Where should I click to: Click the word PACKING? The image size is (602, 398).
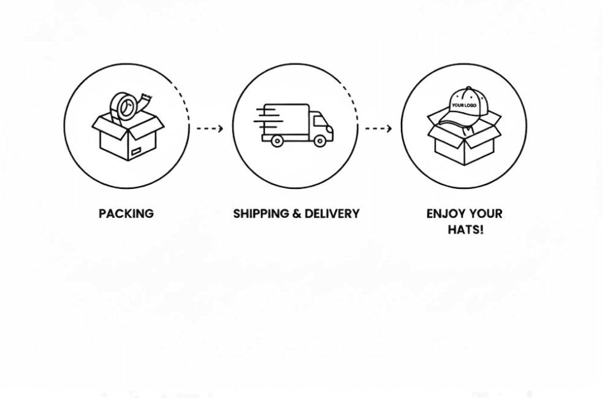tap(126, 213)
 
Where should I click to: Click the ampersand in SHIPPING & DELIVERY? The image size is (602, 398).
tap(297, 213)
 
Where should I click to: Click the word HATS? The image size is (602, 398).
tap(465, 230)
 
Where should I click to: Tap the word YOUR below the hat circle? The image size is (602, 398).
tap(484, 213)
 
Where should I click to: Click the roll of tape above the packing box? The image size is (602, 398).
tap(124, 108)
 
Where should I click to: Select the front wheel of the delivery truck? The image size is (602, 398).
tap(319, 141)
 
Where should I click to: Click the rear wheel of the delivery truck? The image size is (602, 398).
tap(277, 141)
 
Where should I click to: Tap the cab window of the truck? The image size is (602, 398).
tap(320, 120)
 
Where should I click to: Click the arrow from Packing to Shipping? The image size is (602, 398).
tap(210, 128)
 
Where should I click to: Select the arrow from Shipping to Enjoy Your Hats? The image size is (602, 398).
tap(378, 128)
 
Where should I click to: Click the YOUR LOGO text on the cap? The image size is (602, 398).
tap(464, 105)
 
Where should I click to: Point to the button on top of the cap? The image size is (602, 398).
tap(470, 89)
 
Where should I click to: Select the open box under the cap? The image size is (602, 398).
tap(464, 146)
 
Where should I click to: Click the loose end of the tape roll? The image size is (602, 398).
tap(147, 98)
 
